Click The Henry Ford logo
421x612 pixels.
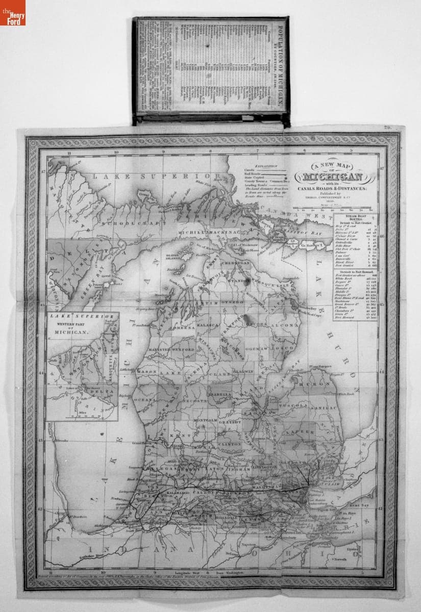pyautogui.click(x=13, y=13)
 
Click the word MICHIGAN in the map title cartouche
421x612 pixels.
pyautogui.click(x=334, y=177)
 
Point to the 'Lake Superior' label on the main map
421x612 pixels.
pyautogui.click(x=148, y=176)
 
